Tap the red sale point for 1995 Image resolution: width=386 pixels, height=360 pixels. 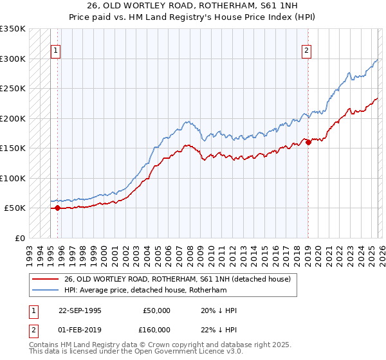pyautogui.click(x=57, y=208)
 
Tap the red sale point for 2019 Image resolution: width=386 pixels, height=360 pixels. pyautogui.click(x=308, y=142)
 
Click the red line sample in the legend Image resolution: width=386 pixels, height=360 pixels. pyautogui.click(x=46, y=279)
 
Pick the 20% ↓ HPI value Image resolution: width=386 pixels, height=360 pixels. pyautogui.click(x=219, y=310)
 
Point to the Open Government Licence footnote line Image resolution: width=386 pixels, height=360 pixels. pyautogui.click(x=136, y=353)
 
